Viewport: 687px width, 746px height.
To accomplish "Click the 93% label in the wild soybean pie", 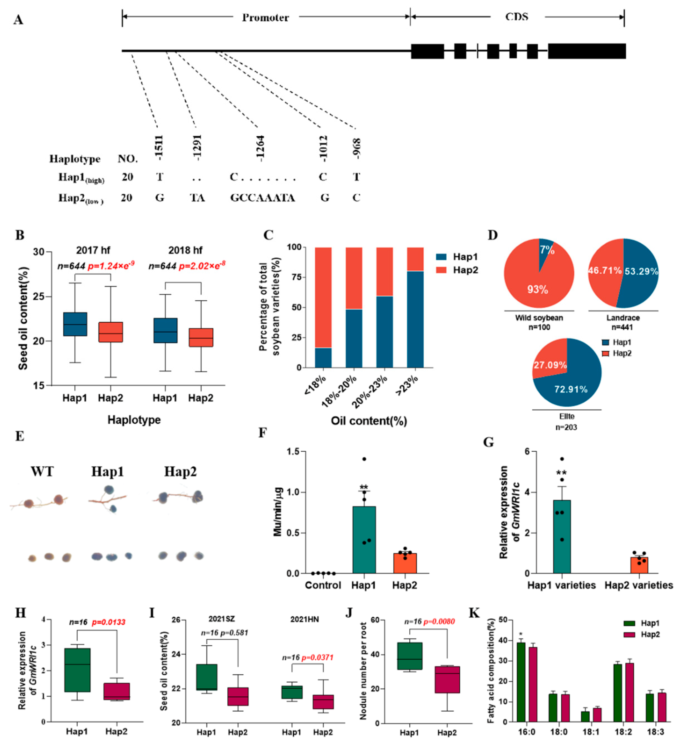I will [538, 289].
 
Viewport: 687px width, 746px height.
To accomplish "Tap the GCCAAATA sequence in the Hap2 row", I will [263, 198].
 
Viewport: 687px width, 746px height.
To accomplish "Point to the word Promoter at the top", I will [265, 17].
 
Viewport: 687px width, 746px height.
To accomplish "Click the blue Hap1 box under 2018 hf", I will [165, 330].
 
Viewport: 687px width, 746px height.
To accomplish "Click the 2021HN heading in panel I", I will [304, 619].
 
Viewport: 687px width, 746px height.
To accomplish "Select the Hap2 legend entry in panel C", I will [465, 270].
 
